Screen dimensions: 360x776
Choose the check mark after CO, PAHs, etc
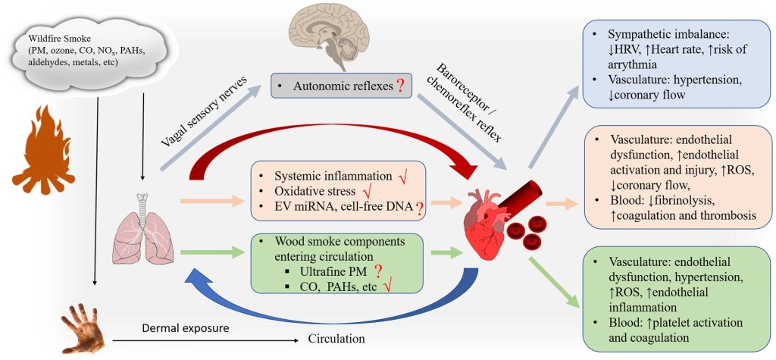click(x=388, y=286)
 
